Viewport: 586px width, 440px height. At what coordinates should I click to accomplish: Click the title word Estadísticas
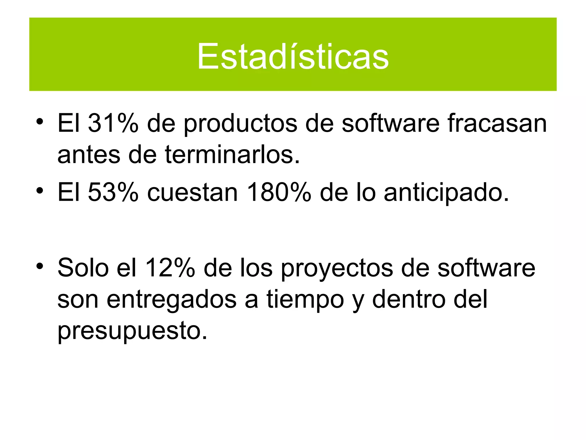click(293, 56)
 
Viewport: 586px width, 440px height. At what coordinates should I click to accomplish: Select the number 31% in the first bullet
click(113, 123)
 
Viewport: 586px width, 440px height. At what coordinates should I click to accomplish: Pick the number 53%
click(113, 192)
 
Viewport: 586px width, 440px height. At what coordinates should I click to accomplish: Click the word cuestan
click(192, 192)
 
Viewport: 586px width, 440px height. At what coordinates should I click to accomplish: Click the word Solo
click(83, 268)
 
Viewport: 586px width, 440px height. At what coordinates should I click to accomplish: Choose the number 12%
click(170, 268)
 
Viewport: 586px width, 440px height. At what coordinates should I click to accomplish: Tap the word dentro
click(409, 299)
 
